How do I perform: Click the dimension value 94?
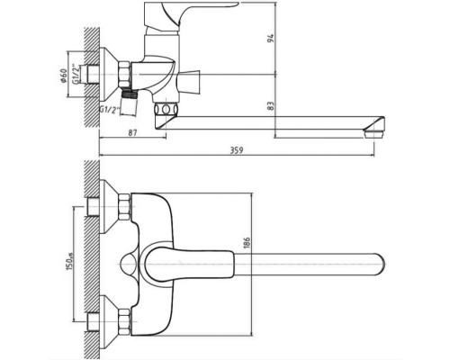coord(271,39)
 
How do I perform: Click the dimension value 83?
coord(271,106)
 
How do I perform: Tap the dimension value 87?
coord(133,132)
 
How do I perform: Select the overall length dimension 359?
coord(237,150)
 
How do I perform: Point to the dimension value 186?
coord(247,242)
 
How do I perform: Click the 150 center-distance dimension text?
coord(69,261)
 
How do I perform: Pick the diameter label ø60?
coord(63,76)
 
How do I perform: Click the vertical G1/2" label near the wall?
coord(76,74)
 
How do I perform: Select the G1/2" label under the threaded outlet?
coord(110,110)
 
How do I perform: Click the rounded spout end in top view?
coord(380,265)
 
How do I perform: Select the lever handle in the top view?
coord(189,265)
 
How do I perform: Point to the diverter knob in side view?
coord(188,81)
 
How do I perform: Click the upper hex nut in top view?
coord(125,207)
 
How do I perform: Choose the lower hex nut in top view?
coord(125,322)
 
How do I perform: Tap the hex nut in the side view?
coord(125,75)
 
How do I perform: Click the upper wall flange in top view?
coord(109,207)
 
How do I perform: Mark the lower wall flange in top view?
coord(109,321)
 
